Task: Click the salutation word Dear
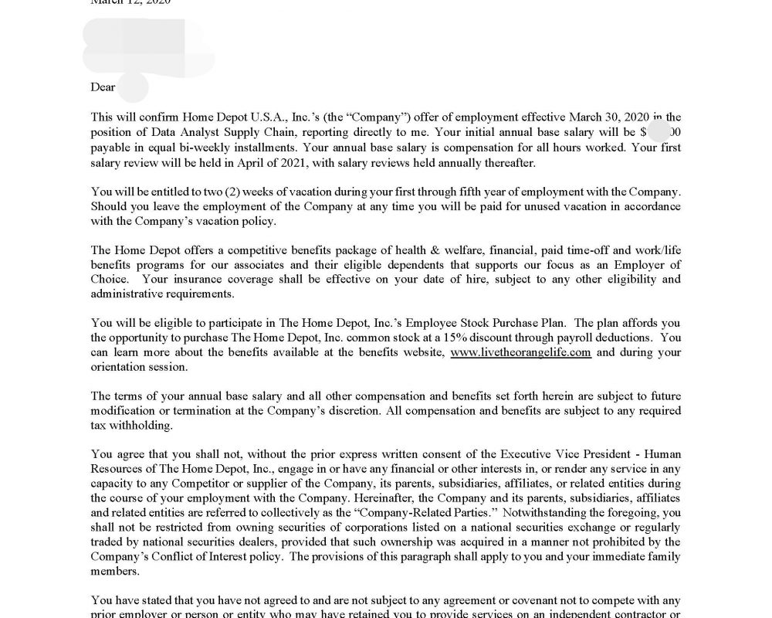(103, 87)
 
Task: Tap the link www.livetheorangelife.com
(520, 352)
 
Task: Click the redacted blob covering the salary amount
(659, 131)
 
